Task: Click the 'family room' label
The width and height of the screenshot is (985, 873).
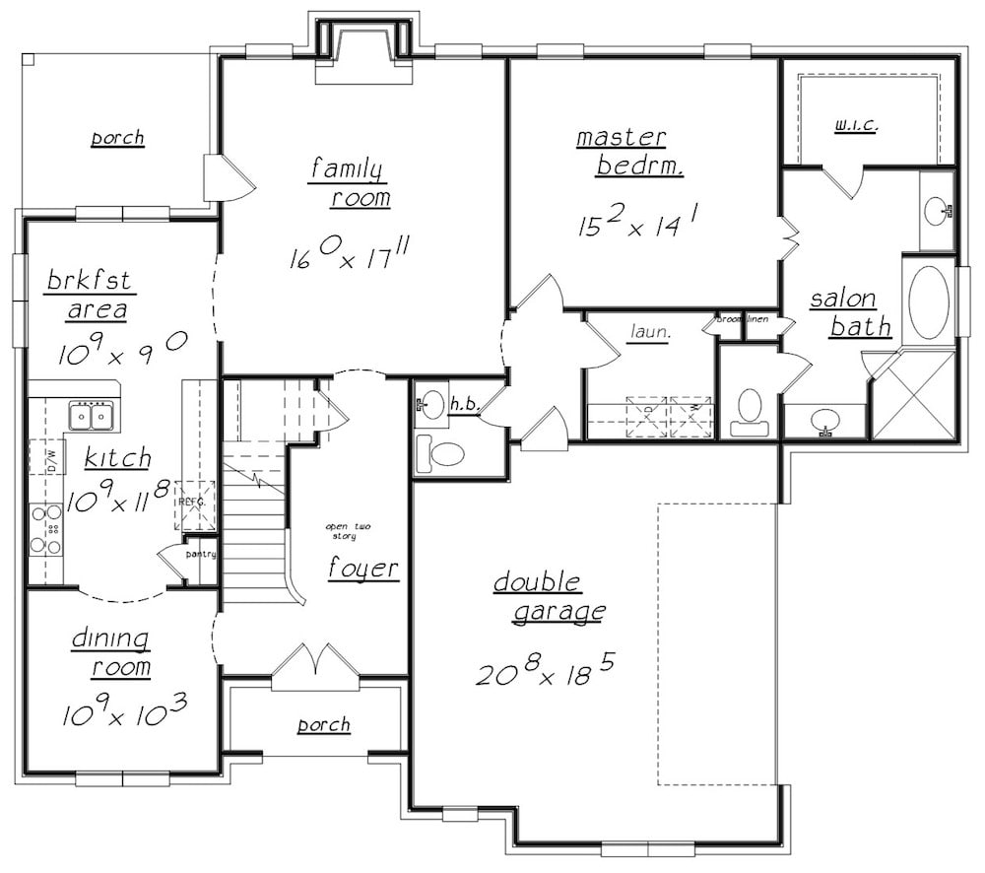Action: [347, 182]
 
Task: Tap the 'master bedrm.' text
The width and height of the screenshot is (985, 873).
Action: [623, 151]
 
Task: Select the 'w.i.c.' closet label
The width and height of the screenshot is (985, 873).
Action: [855, 125]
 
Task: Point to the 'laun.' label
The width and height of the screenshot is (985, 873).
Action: [649, 333]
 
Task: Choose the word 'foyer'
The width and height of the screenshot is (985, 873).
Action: [363, 569]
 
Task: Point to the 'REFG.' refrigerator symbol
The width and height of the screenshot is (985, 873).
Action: [192, 503]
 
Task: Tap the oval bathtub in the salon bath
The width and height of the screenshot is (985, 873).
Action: [928, 301]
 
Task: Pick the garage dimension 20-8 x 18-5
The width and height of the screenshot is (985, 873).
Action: [546, 672]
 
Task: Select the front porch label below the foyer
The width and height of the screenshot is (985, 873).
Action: [323, 725]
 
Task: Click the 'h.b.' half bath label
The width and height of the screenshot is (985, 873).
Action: [463, 405]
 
